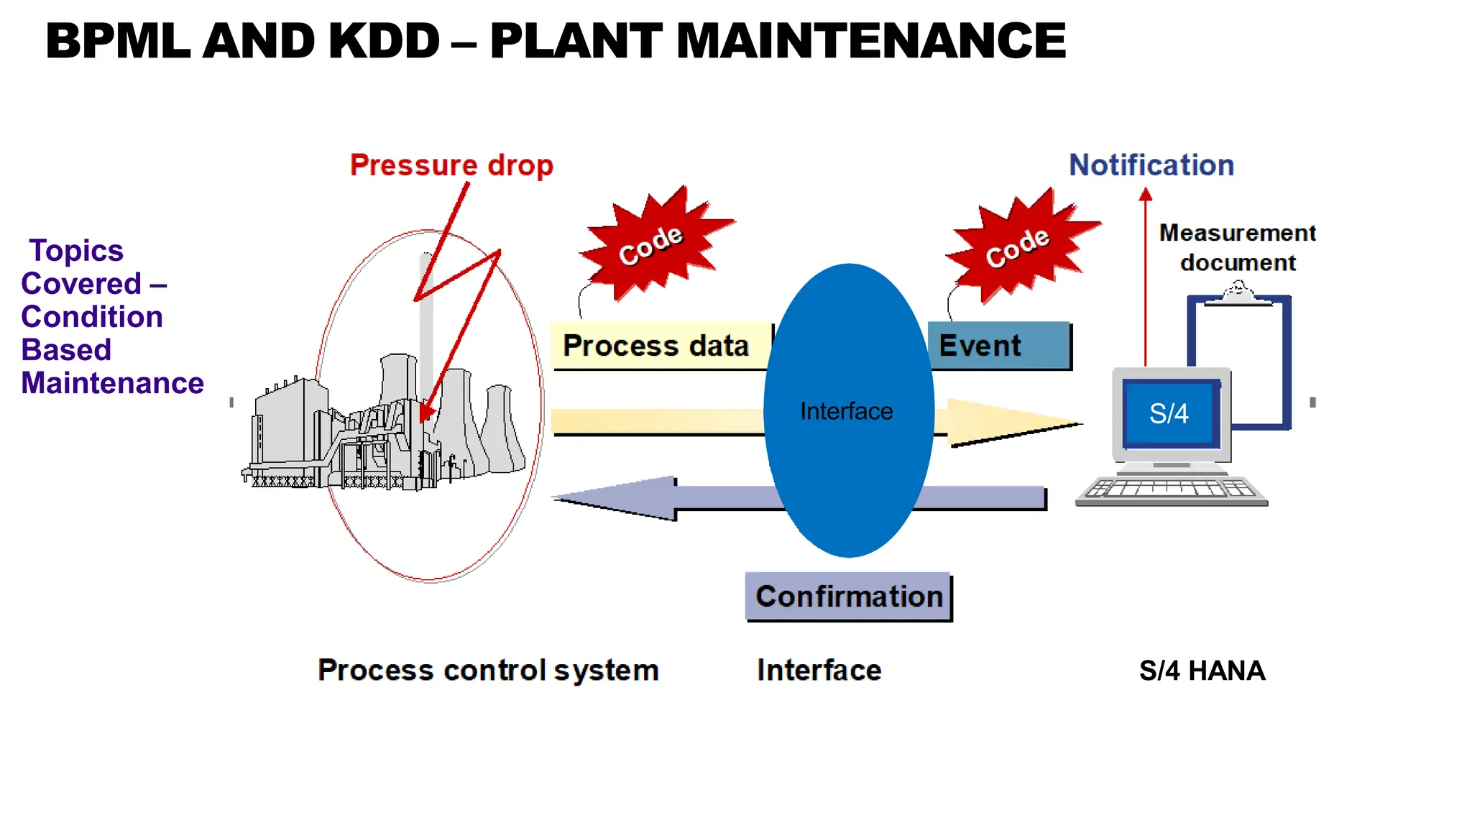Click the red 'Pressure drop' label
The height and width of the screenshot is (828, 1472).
click(x=451, y=165)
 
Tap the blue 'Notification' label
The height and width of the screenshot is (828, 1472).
click(x=1151, y=165)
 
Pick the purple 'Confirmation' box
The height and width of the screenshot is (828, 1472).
click(x=849, y=597)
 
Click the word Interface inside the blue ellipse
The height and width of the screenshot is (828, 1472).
click(x=846, y=411)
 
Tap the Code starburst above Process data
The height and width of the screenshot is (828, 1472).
click(x=652, y=244)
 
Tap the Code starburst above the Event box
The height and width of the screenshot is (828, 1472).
click(x=1018, y=247)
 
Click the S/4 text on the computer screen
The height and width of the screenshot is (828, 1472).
click(x=1169, y=414)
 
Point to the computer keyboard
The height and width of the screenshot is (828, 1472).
click(x=1172, y=491)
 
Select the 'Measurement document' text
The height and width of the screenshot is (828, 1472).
click(x=1238, y=248)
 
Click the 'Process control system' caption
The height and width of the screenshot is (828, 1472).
click(x=488, y=670)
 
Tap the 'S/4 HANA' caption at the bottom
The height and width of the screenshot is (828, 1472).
click(x=1202, y=671)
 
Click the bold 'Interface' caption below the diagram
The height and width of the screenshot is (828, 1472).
click(x=819, y=670)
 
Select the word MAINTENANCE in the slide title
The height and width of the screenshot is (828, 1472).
click(x=870, y=41)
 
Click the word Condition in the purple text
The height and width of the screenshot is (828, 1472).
click(x=92, y=317)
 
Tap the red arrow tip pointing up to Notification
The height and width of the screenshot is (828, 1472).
click(x=1146, y=194)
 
